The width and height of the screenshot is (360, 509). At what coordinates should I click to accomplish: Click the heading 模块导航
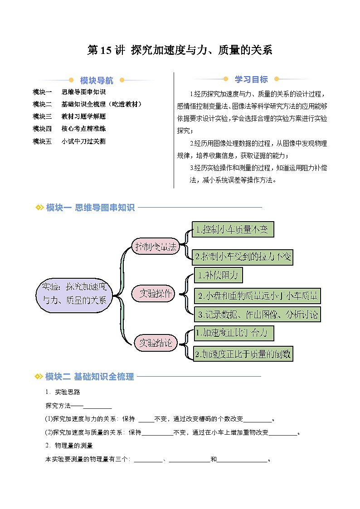click(97, 81)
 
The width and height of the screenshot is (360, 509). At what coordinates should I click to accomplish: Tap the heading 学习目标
click(251, 79)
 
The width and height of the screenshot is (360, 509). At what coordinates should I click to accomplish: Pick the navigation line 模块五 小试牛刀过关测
click(69, 141)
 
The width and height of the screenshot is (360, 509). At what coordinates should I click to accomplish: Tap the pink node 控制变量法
click(156, 247)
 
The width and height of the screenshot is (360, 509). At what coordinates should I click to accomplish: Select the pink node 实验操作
click(156, 294)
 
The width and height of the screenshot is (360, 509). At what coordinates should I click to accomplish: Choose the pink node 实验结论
click(156, 343)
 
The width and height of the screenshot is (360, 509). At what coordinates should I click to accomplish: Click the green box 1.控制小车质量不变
click(233, 230)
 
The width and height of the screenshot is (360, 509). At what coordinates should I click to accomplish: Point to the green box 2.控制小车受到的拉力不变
click(243, 257)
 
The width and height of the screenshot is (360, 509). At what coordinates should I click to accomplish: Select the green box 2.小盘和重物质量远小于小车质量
click(257, 296)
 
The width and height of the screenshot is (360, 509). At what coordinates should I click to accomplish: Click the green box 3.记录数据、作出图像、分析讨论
click(257, 314)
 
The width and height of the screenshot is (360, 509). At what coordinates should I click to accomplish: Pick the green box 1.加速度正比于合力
click(234, 334)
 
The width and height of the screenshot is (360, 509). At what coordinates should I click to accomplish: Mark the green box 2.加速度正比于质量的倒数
click(243, 353)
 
